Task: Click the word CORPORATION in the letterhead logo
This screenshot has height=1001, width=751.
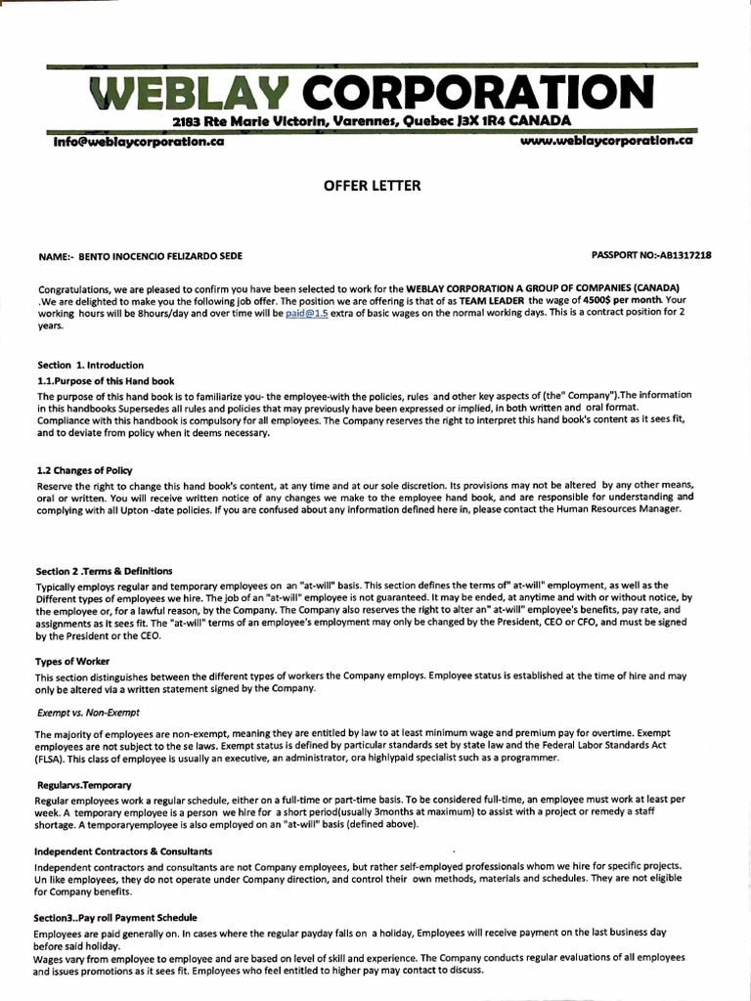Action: tap(474, 95)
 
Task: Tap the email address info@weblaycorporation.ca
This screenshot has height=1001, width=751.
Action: tap(140, 141)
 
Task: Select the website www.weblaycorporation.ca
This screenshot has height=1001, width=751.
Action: tap(607, 141)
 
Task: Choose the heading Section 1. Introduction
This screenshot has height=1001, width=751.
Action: tap(90, 365)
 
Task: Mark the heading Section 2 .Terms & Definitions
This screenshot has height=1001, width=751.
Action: tap(105, 571)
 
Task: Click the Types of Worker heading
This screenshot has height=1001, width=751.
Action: tap(73, 662)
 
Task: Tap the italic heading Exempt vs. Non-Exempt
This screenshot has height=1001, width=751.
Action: tap(88, 713)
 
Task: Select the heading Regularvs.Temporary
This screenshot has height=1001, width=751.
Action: tap(83, 785)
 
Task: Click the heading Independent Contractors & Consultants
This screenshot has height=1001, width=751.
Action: tap(124, 851)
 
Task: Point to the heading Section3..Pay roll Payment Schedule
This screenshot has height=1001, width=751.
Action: tap(116, 918)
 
